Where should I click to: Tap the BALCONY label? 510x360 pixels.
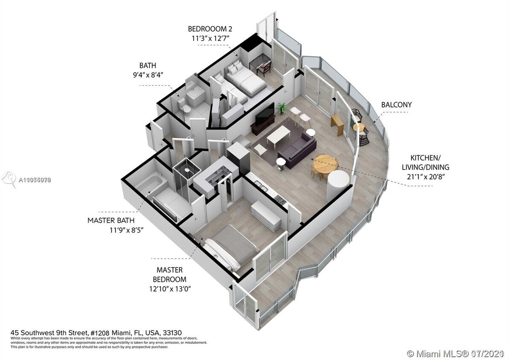click(x=396, y=105)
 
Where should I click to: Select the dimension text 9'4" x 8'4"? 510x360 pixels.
click(x=148, y=75)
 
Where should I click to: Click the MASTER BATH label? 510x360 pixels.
click(x=111, y=221)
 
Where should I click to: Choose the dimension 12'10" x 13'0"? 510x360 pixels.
click(x=169, y=289)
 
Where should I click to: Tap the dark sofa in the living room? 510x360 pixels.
click(x=297, y=147)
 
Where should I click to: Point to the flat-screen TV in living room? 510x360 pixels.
click(x=265, y=113)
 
